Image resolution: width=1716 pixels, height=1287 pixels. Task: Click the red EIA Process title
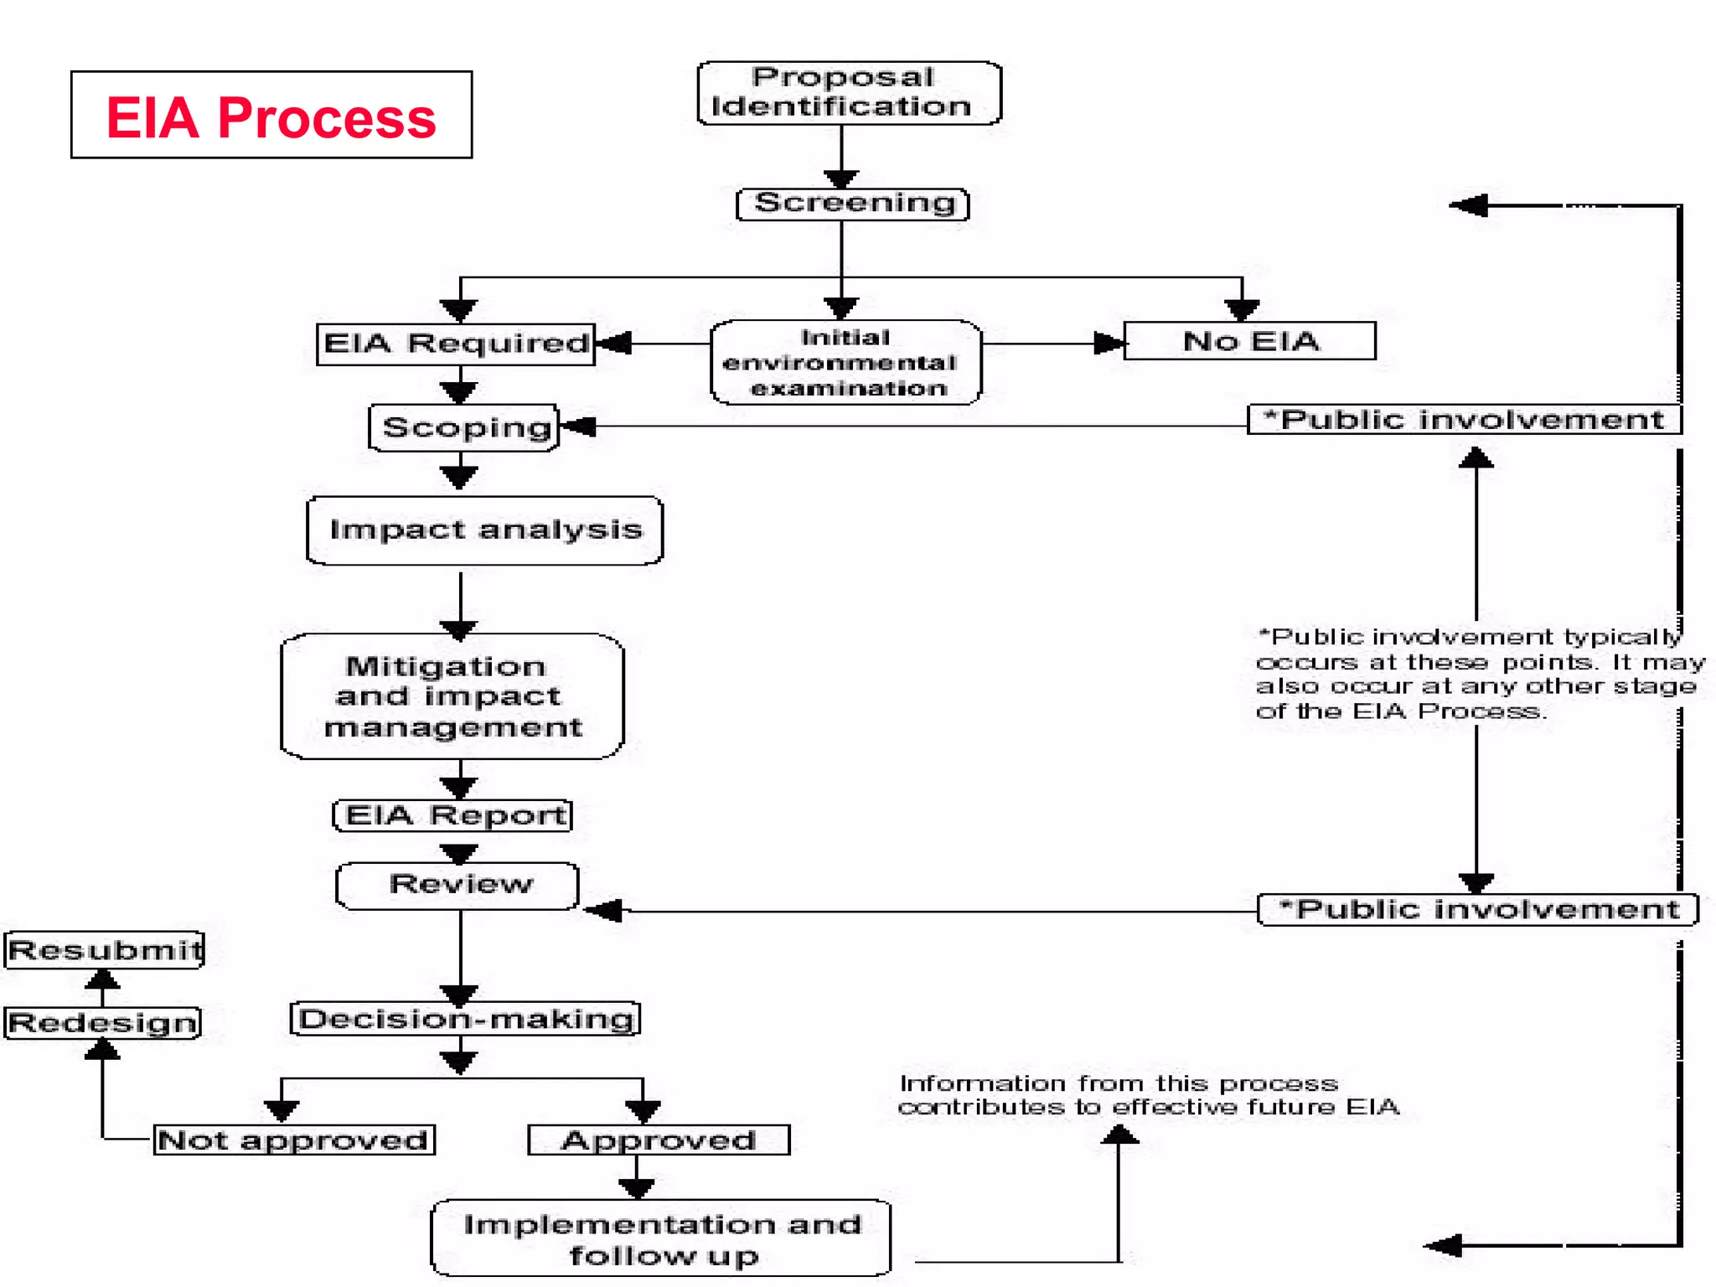[271, 116]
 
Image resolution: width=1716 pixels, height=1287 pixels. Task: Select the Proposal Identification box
[848, 93]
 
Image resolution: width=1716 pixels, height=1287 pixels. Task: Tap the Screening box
[853, 204]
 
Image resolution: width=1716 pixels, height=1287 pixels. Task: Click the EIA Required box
[455, 344]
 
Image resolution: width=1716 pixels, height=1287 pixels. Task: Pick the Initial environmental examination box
[845, 363]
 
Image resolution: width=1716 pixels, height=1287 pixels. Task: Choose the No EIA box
[1248, 341]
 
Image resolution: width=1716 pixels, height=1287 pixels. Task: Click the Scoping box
[464, 427]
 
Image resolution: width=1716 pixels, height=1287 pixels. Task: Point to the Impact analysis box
[484, 530]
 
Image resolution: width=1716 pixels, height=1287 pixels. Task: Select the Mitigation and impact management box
[452, 696]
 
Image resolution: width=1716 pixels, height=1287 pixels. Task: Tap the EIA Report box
[453, 815]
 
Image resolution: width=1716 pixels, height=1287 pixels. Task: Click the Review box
[458, 885]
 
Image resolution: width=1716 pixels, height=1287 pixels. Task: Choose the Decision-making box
[465, 1019]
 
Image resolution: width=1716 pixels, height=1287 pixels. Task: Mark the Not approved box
[293, 1140]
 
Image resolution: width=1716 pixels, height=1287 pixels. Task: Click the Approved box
[658, 1140]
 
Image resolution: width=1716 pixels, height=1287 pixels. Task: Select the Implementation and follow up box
[661, 1239]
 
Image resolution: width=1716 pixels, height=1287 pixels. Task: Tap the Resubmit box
[104, 950]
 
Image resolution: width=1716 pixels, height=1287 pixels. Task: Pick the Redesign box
[102, 1023]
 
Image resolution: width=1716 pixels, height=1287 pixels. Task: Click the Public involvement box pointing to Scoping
[1463, 419]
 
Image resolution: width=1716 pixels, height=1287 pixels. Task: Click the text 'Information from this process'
[1118, 1083]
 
